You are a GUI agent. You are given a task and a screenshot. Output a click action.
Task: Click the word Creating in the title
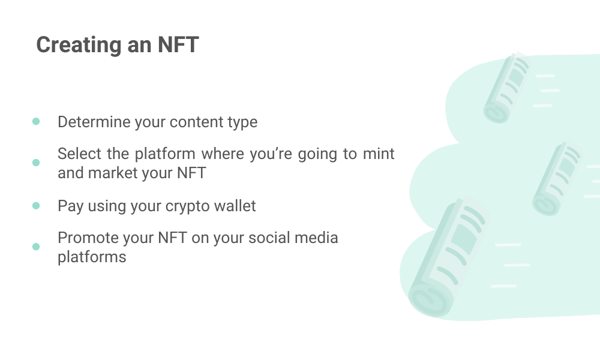(79, 45)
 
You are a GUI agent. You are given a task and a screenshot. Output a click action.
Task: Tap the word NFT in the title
(178, 44)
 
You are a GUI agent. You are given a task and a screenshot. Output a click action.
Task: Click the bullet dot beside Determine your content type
(36, 122)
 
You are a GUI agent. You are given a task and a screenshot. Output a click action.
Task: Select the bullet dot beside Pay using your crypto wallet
(36, 206)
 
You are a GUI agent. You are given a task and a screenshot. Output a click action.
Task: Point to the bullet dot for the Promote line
(36, 247)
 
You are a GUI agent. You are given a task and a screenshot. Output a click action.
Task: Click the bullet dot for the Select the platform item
(36, 163)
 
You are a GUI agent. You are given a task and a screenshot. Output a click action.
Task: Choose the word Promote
(88, 238)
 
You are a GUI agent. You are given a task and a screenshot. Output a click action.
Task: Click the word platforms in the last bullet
(92, 257)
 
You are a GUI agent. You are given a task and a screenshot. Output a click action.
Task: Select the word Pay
(70, 206)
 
